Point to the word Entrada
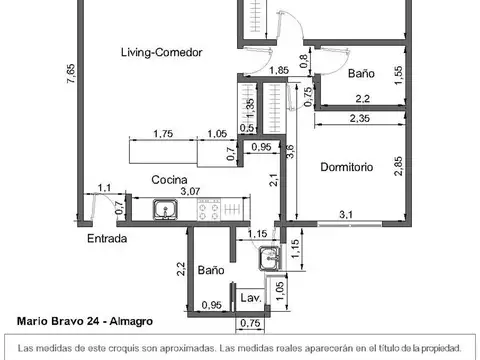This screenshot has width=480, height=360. [x=106, y=240]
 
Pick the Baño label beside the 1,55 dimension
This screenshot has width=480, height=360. [x=362, y=74]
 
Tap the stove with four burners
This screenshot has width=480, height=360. [x=212, y=211]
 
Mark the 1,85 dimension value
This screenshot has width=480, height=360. [x=279, y=70]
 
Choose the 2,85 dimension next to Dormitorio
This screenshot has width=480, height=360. [x=398, y=165]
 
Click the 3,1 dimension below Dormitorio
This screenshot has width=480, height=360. [x=346, y=213]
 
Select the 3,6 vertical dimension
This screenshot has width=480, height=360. [x=290, y=152]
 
